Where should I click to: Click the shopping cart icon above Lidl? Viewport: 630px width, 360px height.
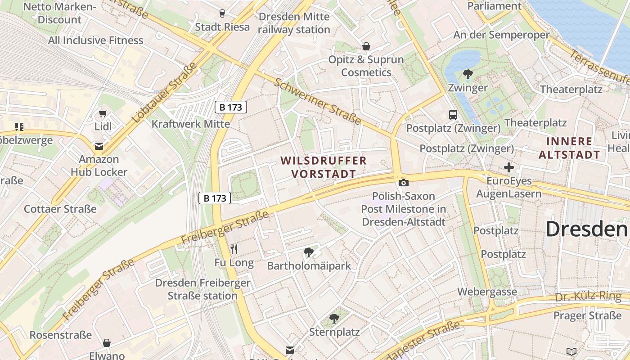103,113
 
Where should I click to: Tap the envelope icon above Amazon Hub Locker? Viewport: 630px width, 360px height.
99,146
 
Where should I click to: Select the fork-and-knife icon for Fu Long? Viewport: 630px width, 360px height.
234,249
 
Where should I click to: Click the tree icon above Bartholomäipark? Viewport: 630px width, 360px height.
308,252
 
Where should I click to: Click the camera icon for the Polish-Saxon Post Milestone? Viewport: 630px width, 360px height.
404,183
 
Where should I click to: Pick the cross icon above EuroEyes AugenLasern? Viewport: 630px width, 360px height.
509,168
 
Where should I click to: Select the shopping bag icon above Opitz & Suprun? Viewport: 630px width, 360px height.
366,46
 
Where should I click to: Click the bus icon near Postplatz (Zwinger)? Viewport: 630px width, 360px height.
453,115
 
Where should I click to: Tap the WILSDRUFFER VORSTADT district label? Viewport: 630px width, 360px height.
324,167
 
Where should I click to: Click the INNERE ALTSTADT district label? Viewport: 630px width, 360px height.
569,148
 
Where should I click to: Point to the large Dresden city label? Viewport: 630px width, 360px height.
587,229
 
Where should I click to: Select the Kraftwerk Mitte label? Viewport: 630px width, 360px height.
191,124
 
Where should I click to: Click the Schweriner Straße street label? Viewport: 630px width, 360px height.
317,102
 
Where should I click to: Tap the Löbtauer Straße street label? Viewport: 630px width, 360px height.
165,92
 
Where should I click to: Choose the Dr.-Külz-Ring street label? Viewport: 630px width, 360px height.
588,297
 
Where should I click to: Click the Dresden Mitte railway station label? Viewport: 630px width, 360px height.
294,23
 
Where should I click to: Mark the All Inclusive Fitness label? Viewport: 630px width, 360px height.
96,40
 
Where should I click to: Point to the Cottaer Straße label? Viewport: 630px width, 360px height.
60,209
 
